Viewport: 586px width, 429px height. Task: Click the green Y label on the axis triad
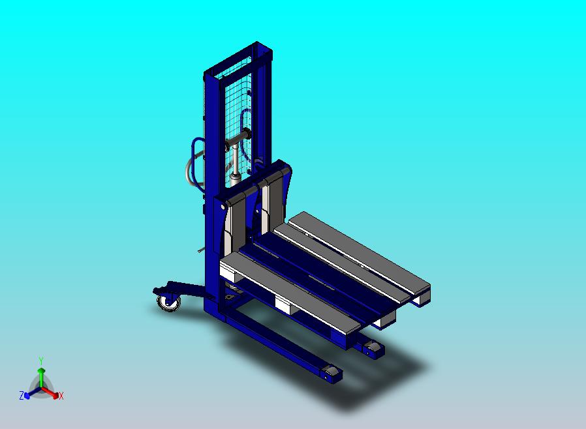[40, 360]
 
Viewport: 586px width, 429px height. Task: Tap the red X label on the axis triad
[61, 396]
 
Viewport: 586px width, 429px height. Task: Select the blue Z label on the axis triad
[21, 395]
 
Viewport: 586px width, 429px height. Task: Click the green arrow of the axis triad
[40, 374]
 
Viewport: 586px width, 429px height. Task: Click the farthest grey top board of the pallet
[359, 251]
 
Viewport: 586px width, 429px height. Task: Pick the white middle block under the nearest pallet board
[285, 304]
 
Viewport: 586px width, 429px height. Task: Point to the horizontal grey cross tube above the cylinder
[238, 138]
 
